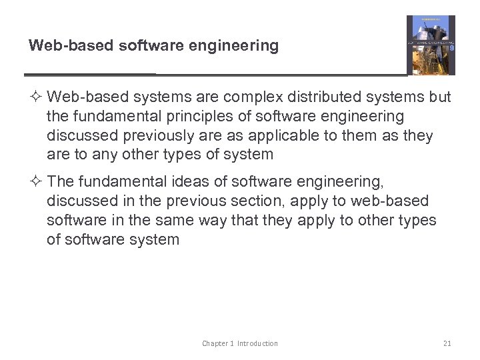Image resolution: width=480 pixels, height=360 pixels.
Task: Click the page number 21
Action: pyautogui.click(x=447, y=343)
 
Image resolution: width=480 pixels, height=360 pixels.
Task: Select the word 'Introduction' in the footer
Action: pyautogui.click(x=257, y=343)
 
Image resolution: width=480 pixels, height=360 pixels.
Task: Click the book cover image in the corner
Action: pyautogui.click(x=431, y=45)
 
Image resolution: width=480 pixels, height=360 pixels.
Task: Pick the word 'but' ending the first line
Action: pyautogui.click(x=440, y=97)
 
